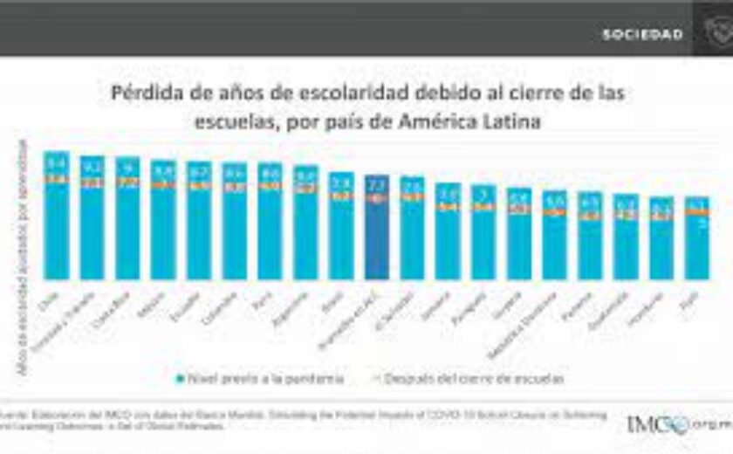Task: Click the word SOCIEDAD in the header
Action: pos(642,35)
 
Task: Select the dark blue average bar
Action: pos(377,227)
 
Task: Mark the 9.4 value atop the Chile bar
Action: pos(57,162)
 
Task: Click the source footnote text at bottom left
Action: pos(297,420)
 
